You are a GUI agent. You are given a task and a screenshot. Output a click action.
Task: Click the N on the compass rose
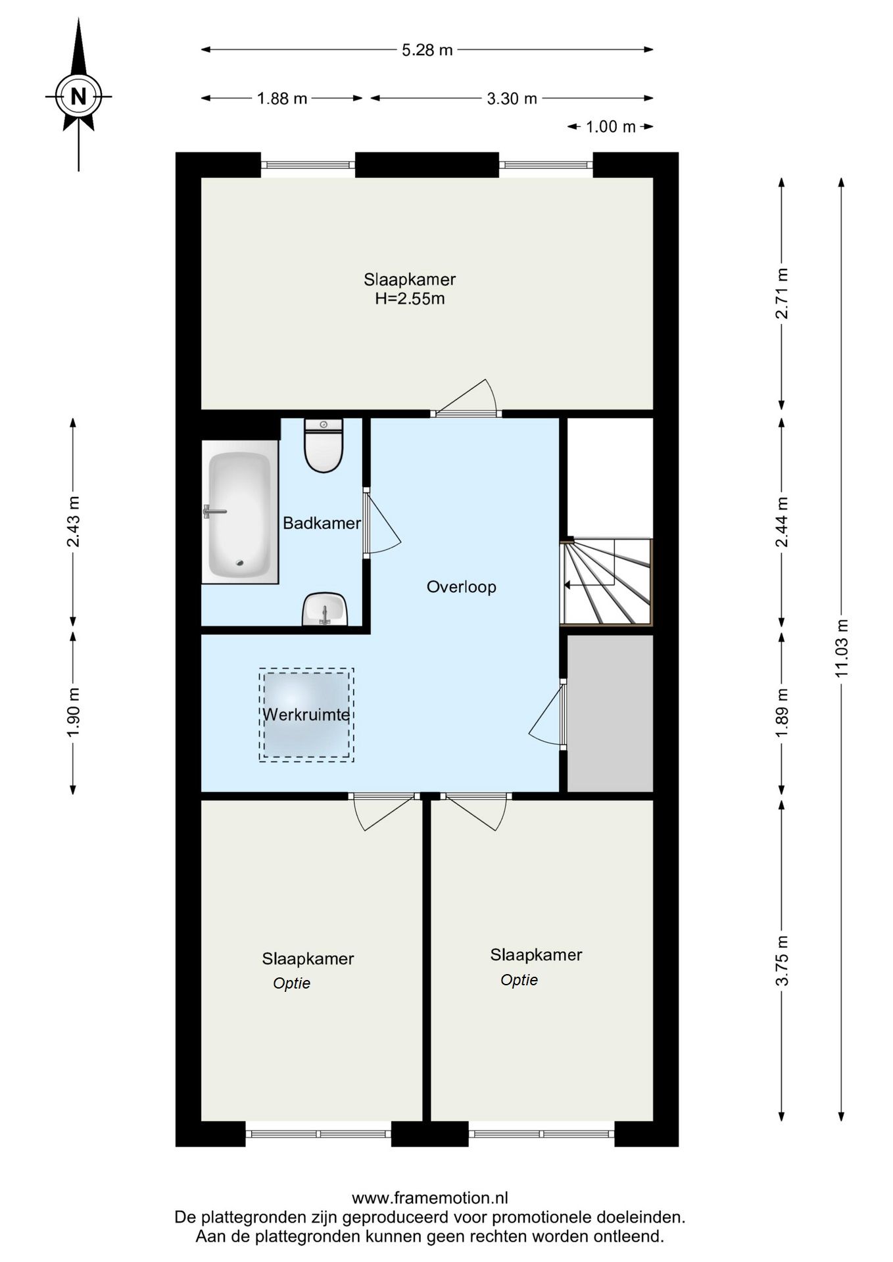78,97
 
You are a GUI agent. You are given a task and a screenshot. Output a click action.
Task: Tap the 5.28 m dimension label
427,50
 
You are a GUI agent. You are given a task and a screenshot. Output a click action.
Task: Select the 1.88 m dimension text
282,99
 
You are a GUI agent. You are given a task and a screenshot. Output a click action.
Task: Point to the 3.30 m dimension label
512,99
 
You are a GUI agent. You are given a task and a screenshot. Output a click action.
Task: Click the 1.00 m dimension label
610,127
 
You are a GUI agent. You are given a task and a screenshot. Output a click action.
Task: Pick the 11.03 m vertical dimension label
842,648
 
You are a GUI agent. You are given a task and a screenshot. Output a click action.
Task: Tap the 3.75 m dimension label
782,961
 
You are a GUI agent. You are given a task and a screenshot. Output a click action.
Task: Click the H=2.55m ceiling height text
410,299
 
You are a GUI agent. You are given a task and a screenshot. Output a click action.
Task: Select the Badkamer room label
322,523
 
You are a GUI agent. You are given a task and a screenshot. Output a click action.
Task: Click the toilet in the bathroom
324,446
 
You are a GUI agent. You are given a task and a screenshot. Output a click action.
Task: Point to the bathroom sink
324,609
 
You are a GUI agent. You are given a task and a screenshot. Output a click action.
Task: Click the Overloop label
462,587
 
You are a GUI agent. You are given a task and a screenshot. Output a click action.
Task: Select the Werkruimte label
306,714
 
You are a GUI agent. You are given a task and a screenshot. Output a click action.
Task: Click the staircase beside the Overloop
606,582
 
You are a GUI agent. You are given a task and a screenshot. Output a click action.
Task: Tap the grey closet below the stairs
610,714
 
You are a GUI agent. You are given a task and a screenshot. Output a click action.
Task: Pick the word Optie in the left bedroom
292,983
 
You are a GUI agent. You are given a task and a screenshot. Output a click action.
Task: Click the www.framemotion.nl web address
430,1198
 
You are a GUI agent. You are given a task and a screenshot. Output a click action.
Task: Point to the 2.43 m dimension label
74,521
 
